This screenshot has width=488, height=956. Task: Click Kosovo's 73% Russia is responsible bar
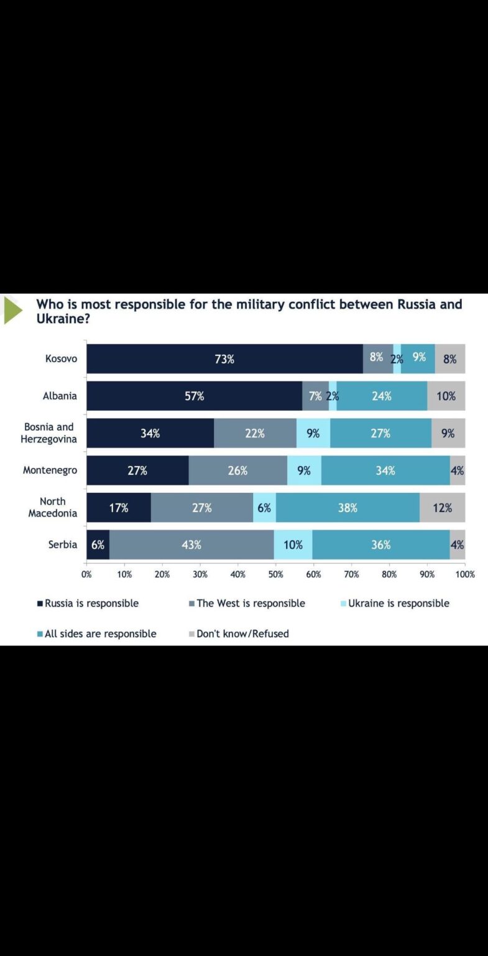click(224, 358)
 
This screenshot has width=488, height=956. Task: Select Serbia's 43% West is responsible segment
click(191, 545)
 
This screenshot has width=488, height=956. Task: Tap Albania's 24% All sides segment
click(382, 396)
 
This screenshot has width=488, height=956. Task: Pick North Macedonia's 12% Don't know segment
click(443, 508)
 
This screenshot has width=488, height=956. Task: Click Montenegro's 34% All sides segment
click(385, 471)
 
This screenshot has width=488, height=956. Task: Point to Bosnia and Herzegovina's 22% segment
click(255, 433)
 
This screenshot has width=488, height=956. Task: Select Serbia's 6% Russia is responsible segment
click(98, 545)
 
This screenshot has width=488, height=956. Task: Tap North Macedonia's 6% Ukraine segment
click(264, 508)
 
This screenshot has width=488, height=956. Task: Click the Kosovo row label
click(61, 358)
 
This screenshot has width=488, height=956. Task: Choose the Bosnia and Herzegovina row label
click(49, 433)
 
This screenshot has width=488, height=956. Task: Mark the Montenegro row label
click(50, 471)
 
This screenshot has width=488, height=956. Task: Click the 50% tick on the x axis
click(275, 574)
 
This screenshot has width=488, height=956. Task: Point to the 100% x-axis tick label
click(464, 574)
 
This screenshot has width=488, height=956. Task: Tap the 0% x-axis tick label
click(86, 574)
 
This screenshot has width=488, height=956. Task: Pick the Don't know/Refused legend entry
click(239, 634)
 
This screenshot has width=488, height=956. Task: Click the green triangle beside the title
click(12, 311)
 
